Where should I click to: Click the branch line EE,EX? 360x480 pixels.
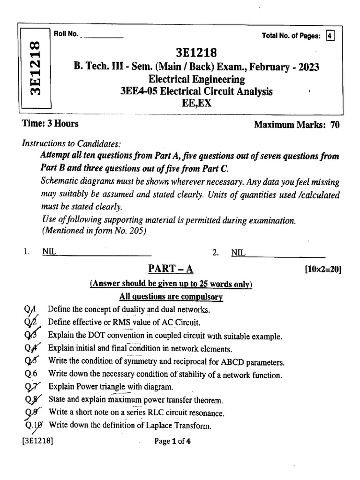196,103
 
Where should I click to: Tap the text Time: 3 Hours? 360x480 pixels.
50,124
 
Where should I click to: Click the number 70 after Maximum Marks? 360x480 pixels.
335,125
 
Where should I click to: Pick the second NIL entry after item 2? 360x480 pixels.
239,253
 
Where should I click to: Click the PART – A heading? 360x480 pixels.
171,269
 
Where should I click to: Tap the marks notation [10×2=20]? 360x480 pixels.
322,270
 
